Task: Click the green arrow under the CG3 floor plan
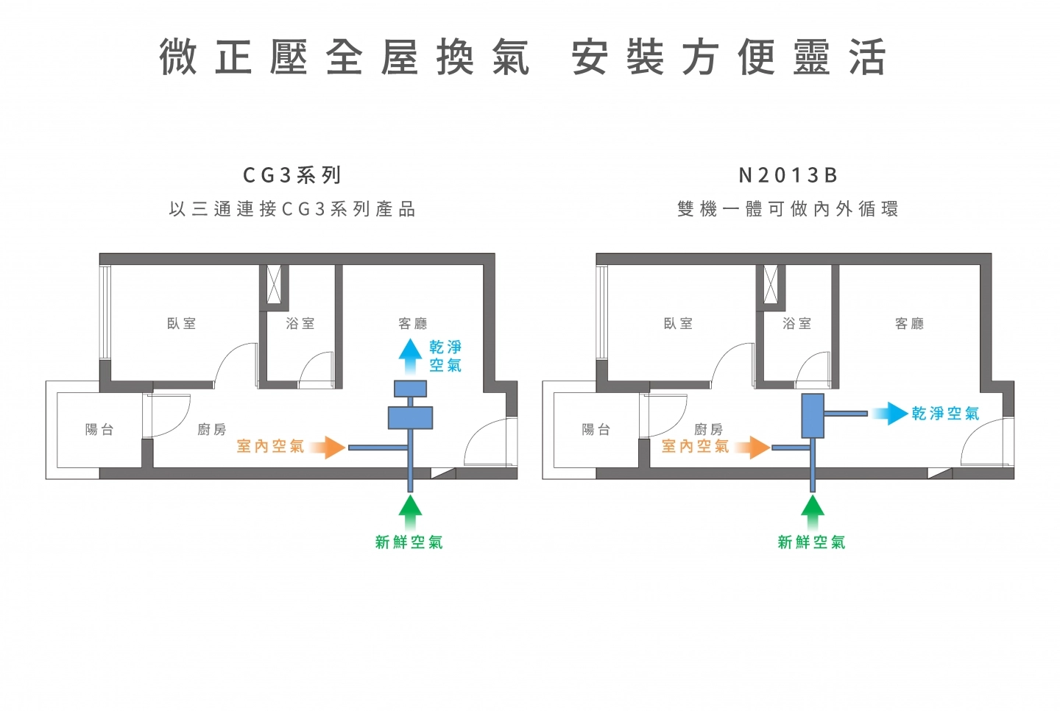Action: pos(410,512)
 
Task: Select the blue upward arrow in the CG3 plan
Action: pos(410,356)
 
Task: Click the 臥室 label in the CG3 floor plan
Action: pos(181,323)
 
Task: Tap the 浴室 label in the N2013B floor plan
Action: pos(796,323)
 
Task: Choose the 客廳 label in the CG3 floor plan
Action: pos(412,323)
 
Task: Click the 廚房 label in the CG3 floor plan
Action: pos(211,429)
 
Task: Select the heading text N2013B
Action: pos(788,175)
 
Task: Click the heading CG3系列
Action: pos(292,175)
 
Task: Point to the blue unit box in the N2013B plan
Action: pos(812,416)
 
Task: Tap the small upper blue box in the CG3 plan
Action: pos(410,388)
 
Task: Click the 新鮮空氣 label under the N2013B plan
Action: pos(811,542)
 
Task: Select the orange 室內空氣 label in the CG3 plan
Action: pos(270,446)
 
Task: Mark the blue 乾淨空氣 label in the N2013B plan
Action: pos(945,414)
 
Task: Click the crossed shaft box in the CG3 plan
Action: pos(274,284)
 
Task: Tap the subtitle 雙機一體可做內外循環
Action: pos(788,209)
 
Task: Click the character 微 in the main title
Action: pos(179,57)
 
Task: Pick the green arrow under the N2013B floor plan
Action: pos(812,512)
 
